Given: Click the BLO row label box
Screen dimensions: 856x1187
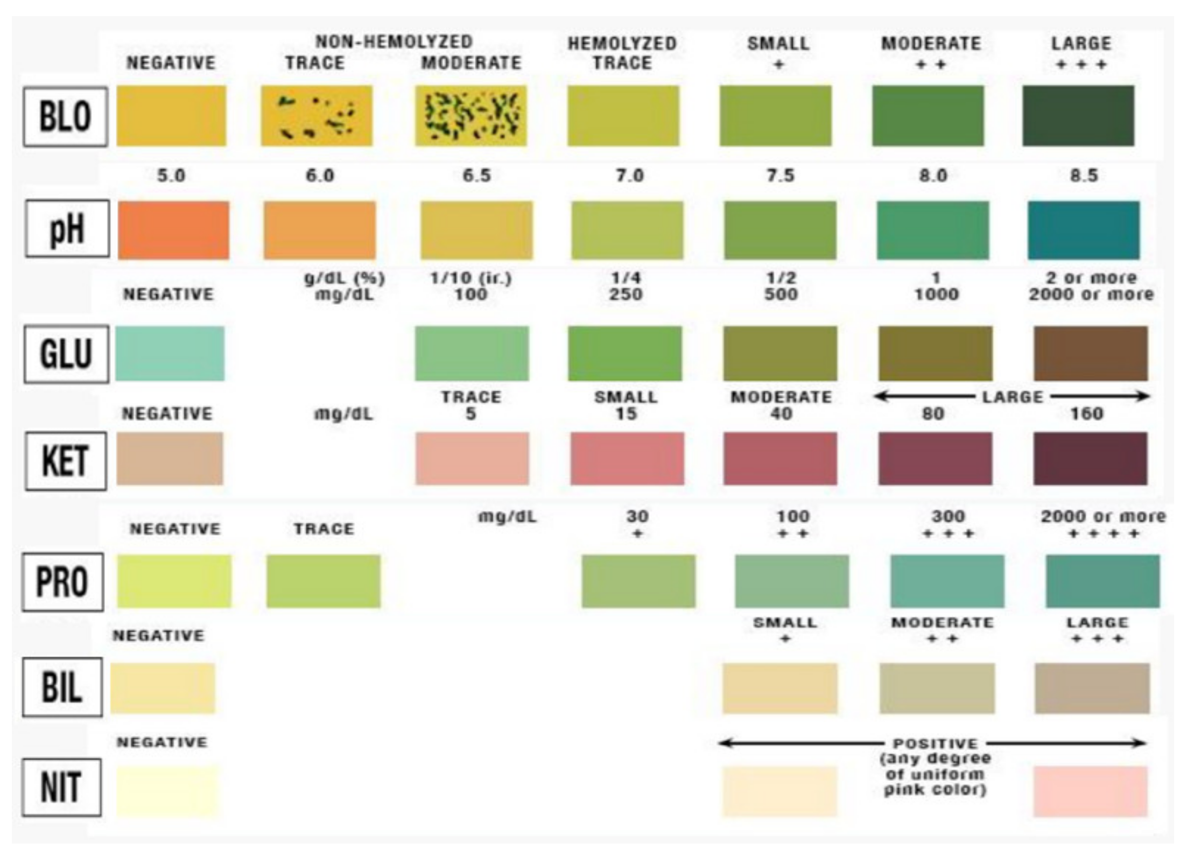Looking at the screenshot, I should click(x=65, y=116).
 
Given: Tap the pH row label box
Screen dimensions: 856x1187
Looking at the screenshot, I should click(x=67, y=229).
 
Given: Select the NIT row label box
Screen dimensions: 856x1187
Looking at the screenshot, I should click(x=61, y=787).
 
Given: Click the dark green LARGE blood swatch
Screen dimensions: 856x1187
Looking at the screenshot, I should click(x=1078, y=116).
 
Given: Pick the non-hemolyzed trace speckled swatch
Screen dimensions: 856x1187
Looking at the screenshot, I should click(x=316, y=116).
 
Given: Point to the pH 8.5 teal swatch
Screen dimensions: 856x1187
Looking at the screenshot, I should click(x=1083, y=230).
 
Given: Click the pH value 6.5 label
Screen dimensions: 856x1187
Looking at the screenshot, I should click(x=476, y=176).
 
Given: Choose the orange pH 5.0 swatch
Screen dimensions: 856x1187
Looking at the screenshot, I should click(x=173, y=230).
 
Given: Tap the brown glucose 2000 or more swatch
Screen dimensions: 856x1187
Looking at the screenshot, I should click(x=1090, y=353).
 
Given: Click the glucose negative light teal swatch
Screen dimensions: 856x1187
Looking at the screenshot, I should click(x=170, y=353).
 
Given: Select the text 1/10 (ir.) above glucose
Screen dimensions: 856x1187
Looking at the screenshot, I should click(x=470, y=278).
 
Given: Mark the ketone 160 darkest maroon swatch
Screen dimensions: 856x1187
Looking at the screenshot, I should click(x=1090, y=459).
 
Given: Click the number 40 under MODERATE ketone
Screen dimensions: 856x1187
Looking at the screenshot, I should click(x=781, y=413).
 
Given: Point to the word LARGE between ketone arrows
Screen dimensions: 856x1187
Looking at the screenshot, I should click(x=1012, y=397).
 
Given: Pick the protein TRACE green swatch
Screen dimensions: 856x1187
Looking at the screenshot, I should click(x=323, y=581).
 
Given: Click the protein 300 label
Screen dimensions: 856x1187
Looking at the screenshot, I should click(x=947, y=516).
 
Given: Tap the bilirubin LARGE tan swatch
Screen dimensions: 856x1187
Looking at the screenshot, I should click(x=1092, y=689).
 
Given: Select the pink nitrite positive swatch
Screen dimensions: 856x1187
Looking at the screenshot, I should click(x=1090, y=791).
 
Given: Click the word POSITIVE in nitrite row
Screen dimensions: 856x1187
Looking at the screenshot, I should click(x=935, y=743).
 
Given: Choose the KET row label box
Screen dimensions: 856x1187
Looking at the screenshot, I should click(x=65, y=461).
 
